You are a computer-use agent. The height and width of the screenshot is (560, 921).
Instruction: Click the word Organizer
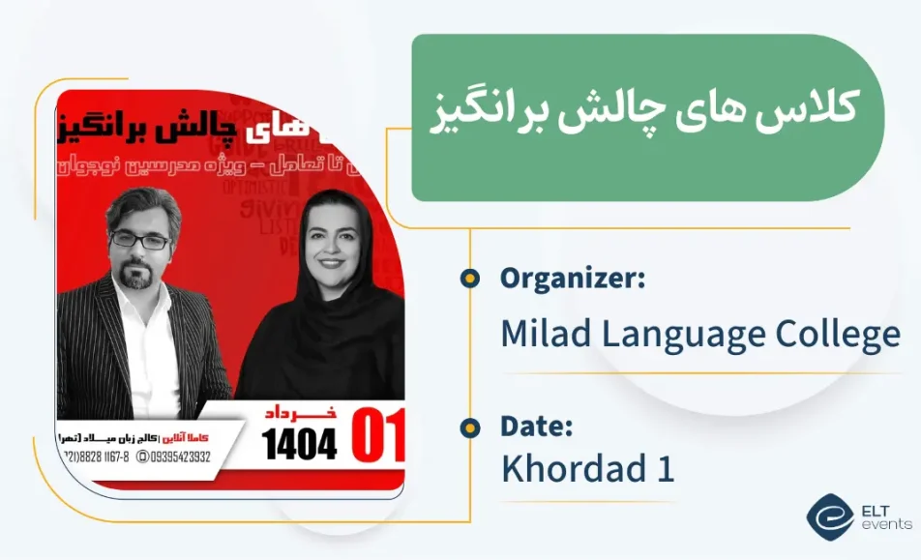coord(572,280)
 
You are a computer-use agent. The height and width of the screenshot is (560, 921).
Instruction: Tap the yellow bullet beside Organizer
coord(470,280)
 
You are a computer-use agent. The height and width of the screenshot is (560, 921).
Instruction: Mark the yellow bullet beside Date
coord(470,427)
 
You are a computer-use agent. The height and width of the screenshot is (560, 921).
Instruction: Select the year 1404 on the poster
coord(300,444)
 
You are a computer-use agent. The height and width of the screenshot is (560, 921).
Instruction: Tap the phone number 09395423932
coord(174,457)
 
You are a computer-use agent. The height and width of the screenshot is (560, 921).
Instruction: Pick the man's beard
coord(141,276)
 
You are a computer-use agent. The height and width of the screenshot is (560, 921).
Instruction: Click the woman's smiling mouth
coord(331,262)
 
